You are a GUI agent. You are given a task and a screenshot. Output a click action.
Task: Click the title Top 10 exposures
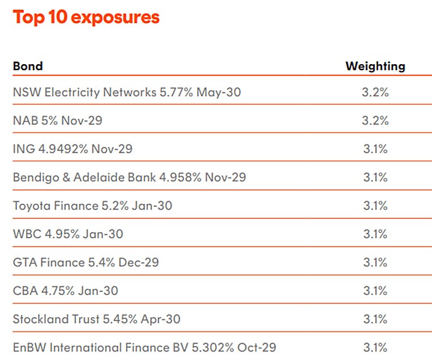(86, 17)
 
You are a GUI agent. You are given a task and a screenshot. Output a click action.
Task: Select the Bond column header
(28, 66)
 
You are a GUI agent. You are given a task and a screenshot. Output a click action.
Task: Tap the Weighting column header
(375, 66)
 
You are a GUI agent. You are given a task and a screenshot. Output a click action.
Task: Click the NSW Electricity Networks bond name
(127, 92)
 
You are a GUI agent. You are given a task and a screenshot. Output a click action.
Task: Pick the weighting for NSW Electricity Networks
(375, 92)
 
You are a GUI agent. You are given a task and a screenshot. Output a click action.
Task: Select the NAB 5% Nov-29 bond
(57, 120)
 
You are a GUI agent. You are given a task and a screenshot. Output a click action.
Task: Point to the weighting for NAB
(375, 120)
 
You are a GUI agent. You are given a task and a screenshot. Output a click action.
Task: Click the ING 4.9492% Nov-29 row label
(73, 149)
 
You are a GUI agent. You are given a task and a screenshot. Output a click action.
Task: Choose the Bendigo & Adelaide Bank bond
(130, 177)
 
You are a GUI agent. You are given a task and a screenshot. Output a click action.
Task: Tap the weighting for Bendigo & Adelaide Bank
(375, 177)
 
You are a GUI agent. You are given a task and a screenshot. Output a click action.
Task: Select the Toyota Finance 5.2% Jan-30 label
(93, 206)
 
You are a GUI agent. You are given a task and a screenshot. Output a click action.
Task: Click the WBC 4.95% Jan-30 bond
(68, 234)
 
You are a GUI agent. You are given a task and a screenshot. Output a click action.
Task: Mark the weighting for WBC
(375, 234)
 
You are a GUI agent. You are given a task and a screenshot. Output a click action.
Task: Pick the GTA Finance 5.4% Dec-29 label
(86, 262)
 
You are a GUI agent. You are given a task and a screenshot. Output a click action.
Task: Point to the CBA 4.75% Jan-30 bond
(65, 291)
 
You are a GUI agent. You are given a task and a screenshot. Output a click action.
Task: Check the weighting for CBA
(375, 291)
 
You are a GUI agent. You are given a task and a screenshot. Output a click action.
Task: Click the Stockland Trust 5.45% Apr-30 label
(97, 319)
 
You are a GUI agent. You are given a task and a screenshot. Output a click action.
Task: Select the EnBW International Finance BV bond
(144, 348)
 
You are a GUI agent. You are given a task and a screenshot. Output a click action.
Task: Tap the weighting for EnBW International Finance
(375, 348)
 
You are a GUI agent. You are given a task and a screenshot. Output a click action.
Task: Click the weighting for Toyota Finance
(375, 206)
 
